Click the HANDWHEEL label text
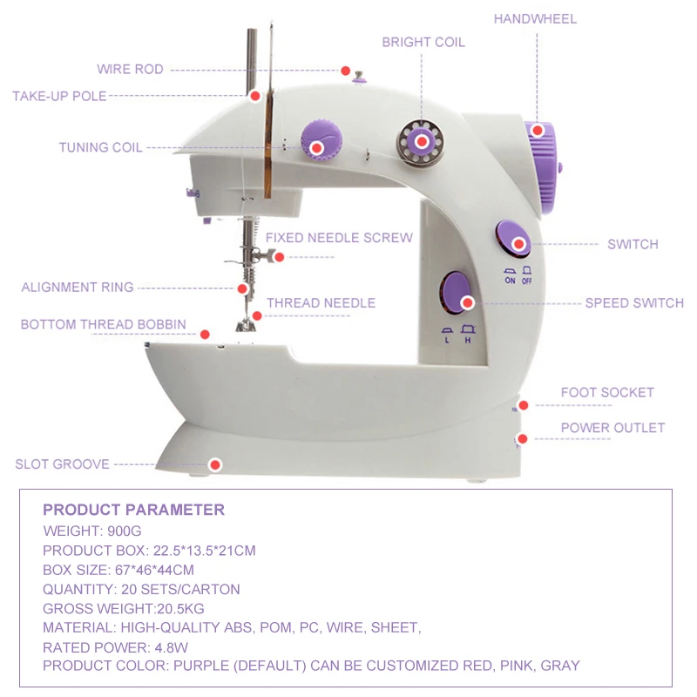point(535,18)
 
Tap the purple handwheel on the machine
point(543,166)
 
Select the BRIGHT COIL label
point(423,42)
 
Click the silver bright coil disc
point(421,141)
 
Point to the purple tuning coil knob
point(320,143)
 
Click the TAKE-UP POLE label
point(59,96)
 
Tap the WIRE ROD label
point(130,70)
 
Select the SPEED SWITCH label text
point(633,303)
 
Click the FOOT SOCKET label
point(606,393)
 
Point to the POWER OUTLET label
point(612,428)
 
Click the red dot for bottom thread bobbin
point(206,335)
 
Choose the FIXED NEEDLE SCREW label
point(339,238)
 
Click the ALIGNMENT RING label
point(78,287)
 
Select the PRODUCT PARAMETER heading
point(133,511)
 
